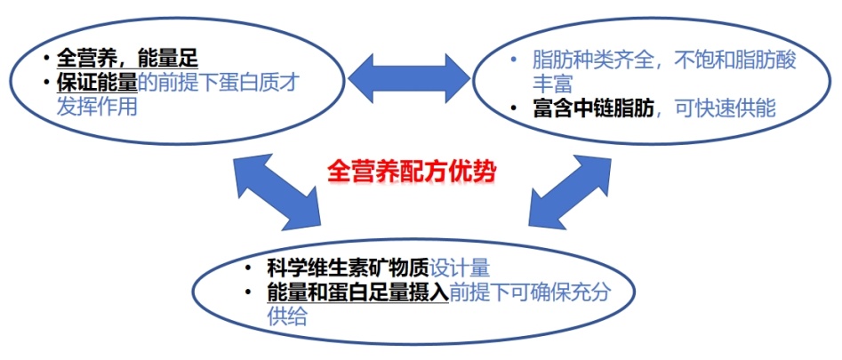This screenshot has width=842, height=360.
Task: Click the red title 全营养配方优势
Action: tap(410, 169)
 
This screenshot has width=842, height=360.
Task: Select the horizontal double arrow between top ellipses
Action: tap(407, 78)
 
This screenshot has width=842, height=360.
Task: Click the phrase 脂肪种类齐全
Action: tap(590, 61)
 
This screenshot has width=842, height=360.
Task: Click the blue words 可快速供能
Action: tap(726, 108)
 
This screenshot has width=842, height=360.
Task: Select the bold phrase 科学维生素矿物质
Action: tap(348, 268)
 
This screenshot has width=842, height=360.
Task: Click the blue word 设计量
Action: tap(460, 268)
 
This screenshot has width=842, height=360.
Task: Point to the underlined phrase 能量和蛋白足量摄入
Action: tap(357, 292)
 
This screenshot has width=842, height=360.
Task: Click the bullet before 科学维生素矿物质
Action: tap(249, 268)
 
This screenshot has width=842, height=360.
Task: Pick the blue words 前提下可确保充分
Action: tap(530, 292)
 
